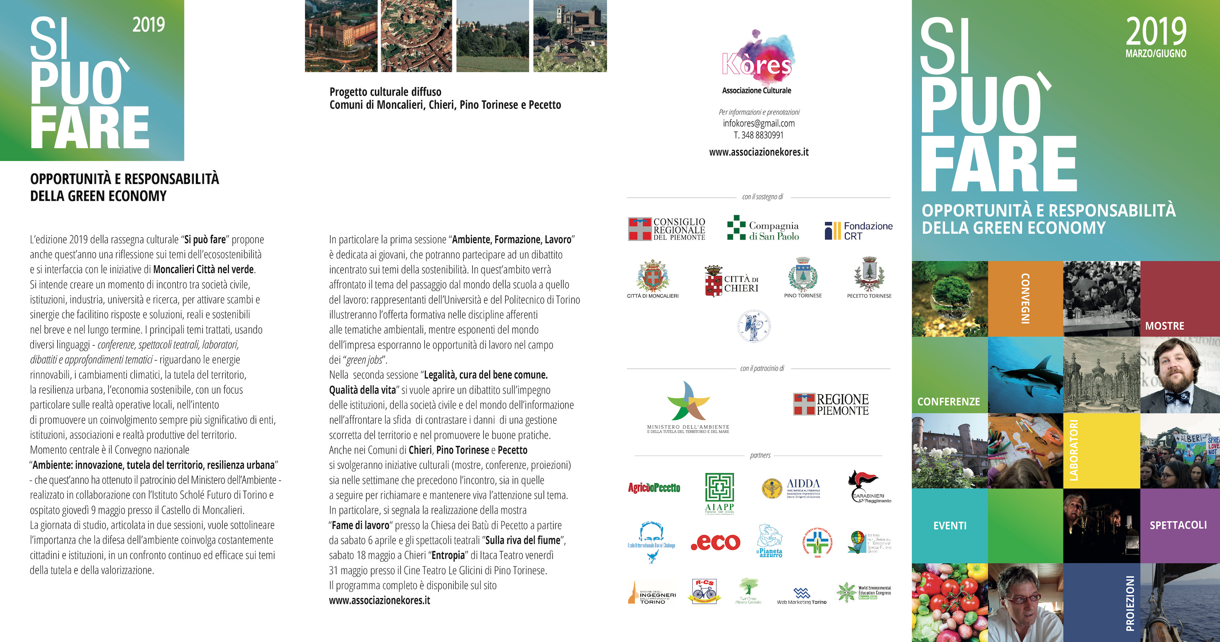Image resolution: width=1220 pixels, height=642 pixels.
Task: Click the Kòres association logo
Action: coord(757,57)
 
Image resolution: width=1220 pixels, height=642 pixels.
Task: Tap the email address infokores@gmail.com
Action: coord(759,123)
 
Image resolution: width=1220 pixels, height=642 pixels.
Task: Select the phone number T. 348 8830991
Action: coord(759,135)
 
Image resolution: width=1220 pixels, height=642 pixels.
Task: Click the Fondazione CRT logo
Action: coord(858,231)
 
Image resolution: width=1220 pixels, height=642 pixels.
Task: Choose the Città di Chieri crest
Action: coord(732,282)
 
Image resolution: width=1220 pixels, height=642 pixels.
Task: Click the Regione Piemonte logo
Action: coord(831,404)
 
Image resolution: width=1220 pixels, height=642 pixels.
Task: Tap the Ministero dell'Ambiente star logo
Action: coord(688,402)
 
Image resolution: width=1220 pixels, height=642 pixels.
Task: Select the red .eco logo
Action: coord(716,542)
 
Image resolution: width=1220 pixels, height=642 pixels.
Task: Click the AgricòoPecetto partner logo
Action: coord(654,487)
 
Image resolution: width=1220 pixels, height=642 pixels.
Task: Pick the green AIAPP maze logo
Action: coord(719,490)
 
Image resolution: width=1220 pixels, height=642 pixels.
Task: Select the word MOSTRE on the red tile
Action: coord(1164,326)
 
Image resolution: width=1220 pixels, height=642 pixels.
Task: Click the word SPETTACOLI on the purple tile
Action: coord(1178,525)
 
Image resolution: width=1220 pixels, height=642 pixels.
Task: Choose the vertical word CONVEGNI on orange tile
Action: coord(1025,298)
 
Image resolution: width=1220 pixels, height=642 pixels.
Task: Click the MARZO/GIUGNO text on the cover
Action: coord(1156,54)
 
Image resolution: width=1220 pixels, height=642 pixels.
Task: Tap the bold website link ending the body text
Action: coord(379,600)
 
